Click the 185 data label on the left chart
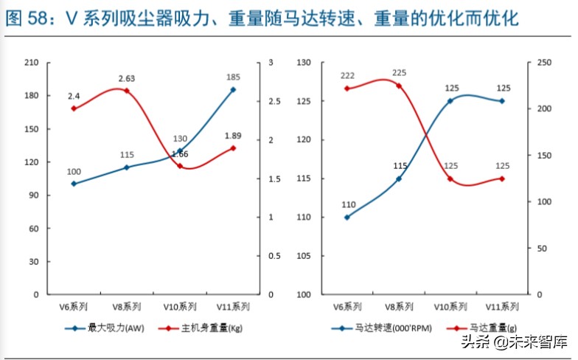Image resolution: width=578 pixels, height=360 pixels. point(233,77)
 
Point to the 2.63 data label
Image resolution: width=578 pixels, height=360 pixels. point(126,78)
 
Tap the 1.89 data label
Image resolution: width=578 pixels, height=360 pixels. point(233,136)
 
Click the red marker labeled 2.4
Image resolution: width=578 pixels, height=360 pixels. point(74,108)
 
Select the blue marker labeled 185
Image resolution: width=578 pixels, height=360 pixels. point(233,89)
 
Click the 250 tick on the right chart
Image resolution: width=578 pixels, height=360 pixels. point(543,63)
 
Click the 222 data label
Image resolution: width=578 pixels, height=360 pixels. point(347,76)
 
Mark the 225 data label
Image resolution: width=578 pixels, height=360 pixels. point(399,72)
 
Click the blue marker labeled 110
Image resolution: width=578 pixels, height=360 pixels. point(347,217)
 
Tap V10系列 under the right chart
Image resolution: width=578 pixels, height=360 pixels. point(450,306)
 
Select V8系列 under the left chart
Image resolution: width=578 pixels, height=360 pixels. point(126,306)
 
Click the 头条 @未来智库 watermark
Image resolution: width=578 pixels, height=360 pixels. point(513,342)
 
